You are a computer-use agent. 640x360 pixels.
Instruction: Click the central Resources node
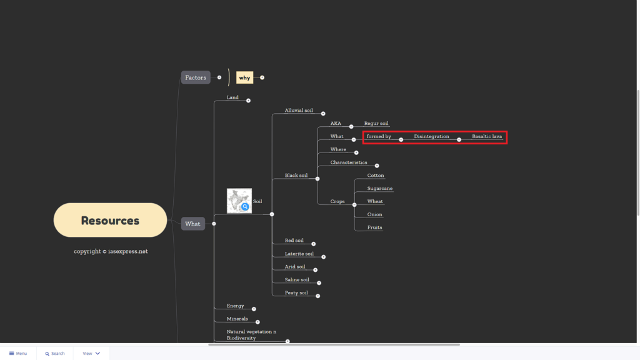coord(110,220)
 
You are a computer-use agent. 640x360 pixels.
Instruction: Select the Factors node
coord(196,77)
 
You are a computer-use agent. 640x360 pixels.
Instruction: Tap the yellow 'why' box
coord(244,77)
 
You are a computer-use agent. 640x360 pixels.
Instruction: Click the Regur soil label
coord(376,123)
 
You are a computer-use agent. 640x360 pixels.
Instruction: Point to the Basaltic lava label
coord(487,136)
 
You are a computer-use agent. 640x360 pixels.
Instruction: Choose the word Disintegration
coord(431,136)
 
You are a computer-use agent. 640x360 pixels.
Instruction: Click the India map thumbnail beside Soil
coord(239,201)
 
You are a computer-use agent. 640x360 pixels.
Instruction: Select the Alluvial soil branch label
coord(299,110)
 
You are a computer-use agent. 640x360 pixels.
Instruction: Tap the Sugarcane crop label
coord(379,188)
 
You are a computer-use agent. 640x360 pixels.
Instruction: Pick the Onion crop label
coord(375,214)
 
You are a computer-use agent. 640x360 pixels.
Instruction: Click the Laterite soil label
coord(299,254)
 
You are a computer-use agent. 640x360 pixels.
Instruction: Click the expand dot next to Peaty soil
coord(318,296)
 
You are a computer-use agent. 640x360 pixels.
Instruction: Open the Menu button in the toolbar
coord(18,354)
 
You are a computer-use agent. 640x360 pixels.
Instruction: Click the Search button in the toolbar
coord(55,354)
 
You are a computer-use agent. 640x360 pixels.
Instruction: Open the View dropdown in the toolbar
coord(91,354)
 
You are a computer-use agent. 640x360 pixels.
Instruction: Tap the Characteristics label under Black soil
coord(349,162)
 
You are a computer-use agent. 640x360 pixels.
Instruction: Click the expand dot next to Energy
coord(254,309)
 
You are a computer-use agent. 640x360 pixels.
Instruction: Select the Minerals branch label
coord(237,319)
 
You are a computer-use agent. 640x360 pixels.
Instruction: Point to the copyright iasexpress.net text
coord(111,251)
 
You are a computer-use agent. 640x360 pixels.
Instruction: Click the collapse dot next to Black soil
coord(317,179)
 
